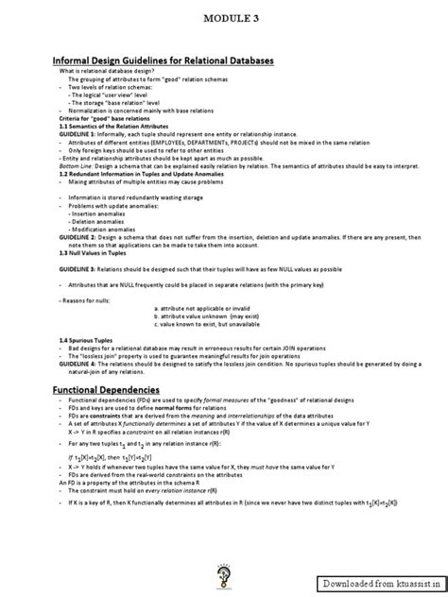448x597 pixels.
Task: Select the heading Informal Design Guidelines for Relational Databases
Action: [163, 60]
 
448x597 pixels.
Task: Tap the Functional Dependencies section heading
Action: [106, 363]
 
